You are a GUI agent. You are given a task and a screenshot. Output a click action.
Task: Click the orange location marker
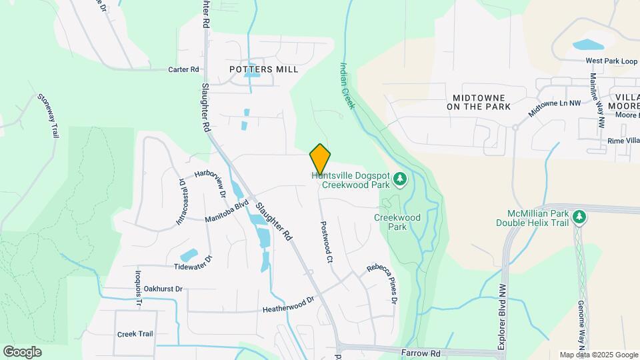pos(320,159)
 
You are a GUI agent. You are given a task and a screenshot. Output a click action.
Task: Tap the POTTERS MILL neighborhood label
pos(263,69)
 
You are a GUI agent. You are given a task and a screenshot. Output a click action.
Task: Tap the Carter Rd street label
pos(184,69)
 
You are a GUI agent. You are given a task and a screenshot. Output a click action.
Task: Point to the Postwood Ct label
pos(326,242)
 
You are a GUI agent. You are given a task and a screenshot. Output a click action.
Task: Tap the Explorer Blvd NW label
pos(501,317)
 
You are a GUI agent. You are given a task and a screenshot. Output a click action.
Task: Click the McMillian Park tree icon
pos(579,217)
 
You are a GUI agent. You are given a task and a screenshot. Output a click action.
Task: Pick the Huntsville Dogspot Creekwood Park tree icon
pos(399,178)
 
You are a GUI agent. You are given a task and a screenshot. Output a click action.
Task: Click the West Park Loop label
pos(611,61)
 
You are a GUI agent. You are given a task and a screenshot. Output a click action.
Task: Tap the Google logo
pos(22,351)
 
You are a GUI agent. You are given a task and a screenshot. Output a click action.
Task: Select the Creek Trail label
pos(135,333)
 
